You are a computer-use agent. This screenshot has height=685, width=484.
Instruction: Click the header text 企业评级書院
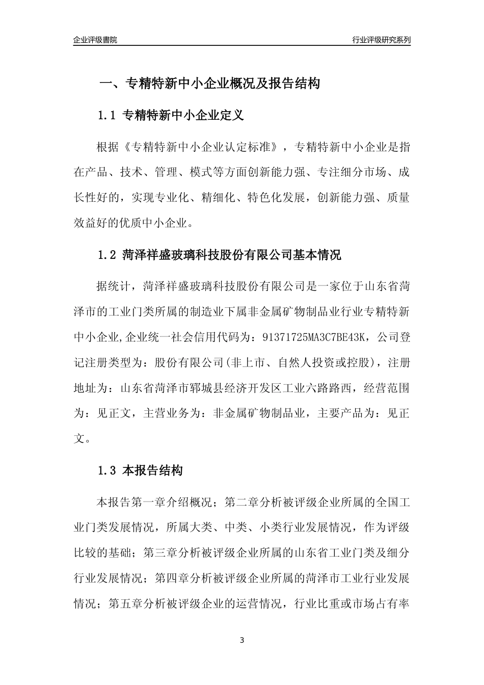tap(95, 40)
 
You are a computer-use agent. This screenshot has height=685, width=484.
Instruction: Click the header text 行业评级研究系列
tap(382, 40)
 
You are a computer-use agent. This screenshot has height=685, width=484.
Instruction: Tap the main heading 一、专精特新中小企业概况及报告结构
tap(209, 84)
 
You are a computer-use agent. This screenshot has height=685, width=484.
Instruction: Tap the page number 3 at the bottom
tap(242, 640)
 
